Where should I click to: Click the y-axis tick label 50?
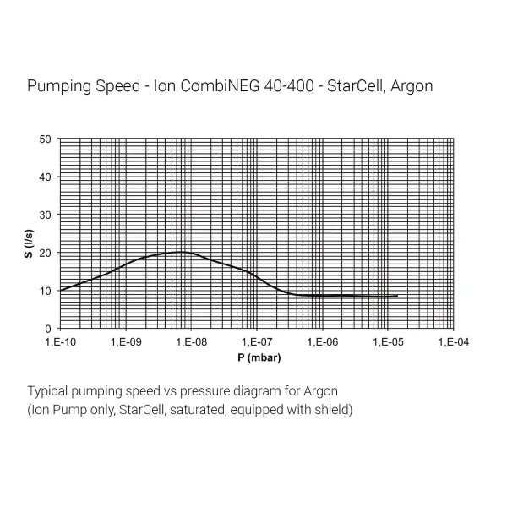[x=46, y=139]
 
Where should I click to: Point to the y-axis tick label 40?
[x=46, y=177]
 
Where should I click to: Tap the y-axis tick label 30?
[x=46, y=215]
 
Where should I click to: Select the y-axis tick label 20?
[x=46, y=253]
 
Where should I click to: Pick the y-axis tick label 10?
[x=46, y=291]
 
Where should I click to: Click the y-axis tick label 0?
[x=48, y=328]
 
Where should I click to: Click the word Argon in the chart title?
[x=412, y=86]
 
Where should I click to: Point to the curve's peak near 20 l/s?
[x=181, y=252]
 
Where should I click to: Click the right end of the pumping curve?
[x=397, y=296]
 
